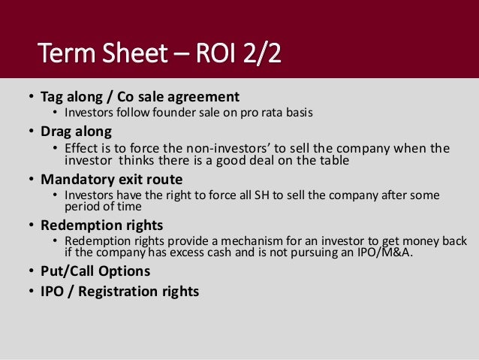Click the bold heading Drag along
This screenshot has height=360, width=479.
click(76, 132)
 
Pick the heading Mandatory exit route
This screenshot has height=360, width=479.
click(111, 180)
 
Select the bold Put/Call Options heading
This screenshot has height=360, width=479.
click(95, 271)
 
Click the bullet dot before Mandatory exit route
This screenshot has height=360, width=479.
click(29, 180)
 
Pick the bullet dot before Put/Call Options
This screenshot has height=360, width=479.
click(29, 271)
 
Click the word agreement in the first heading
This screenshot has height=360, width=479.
click(207, 96)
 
